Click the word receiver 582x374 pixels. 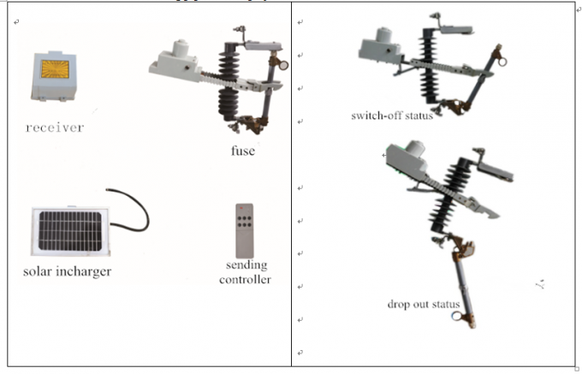[x=55, y=128]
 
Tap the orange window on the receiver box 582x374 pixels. [x=55, y=69]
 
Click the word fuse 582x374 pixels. [x=243, y=151]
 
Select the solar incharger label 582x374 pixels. [x=67, y=271]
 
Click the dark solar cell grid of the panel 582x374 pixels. [x=70, y=231]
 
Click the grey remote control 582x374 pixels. [x=245, y=231]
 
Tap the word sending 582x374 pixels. [x=246, y=265]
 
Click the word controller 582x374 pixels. [x=245, y=279]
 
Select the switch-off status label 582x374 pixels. [x=392, y=116]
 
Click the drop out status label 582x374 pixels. [x=424, y=304]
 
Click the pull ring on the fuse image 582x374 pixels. [x=283, y=65]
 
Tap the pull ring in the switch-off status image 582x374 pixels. [x=502, y=62]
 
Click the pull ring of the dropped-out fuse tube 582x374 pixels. [x=457, y=317]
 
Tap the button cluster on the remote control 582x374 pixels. [x=245, y=222]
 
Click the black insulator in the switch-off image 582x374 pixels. [x=430, y=66]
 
